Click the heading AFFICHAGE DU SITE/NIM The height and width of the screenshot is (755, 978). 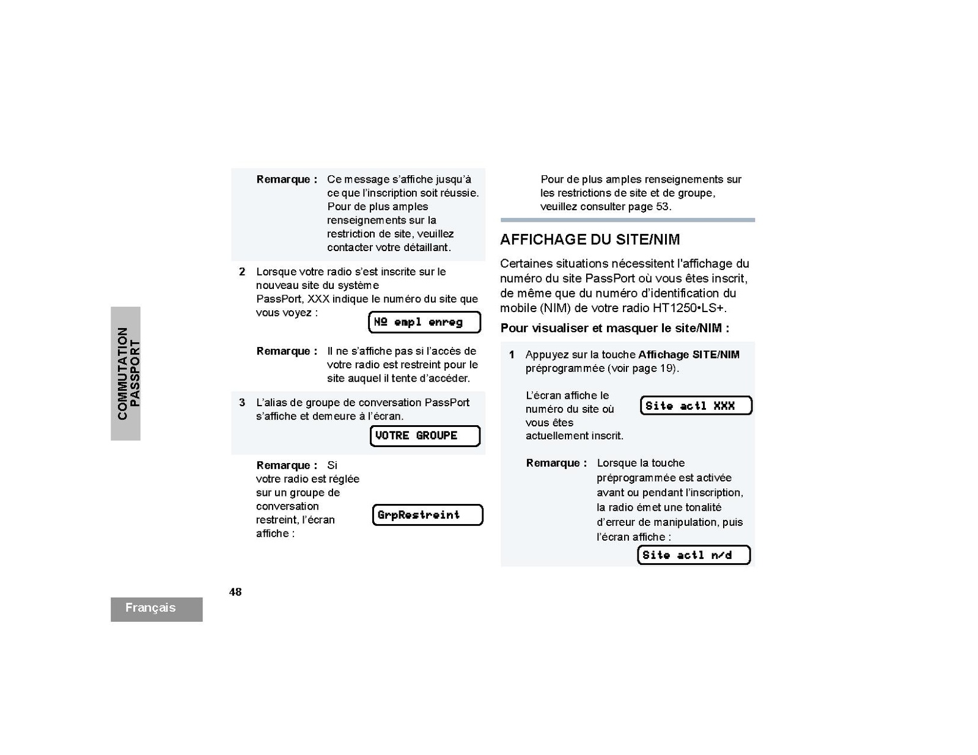590,239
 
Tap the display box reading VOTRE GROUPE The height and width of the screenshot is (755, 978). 425,436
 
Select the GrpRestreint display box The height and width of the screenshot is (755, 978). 427,515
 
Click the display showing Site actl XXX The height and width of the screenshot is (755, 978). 696,406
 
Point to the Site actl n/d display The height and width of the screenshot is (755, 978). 693,555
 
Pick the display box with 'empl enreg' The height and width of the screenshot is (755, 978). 424,323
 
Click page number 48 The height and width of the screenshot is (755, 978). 235,592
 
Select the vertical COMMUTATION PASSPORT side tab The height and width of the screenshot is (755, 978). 126,373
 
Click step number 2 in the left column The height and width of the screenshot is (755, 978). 242,272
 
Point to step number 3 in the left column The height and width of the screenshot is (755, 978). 242,403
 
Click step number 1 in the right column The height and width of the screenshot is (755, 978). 512,355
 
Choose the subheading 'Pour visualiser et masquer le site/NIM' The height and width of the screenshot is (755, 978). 614,329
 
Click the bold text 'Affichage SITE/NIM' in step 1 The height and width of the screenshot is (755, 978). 688,355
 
